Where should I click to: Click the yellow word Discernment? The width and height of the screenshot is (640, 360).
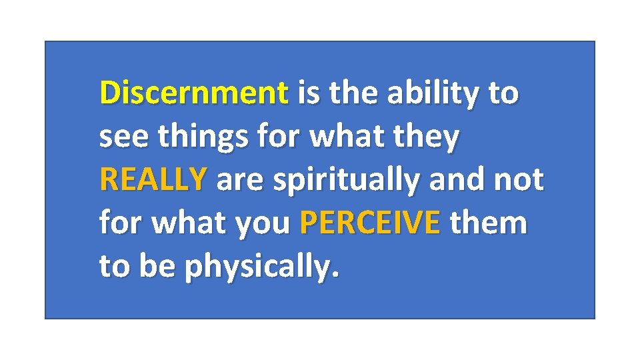click(x=194, y=93)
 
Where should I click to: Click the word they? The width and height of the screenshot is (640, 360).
click(x=427, y=137)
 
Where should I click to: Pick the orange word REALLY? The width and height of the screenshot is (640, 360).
click(x=153, y=180)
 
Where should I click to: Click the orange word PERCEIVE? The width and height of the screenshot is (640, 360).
click(x=370, y=223)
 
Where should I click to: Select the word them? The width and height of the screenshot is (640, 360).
click(x=488, y=223)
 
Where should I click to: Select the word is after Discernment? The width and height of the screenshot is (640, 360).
click(x=308, y=93)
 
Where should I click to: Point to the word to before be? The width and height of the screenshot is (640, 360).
click(x=114, y=267)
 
